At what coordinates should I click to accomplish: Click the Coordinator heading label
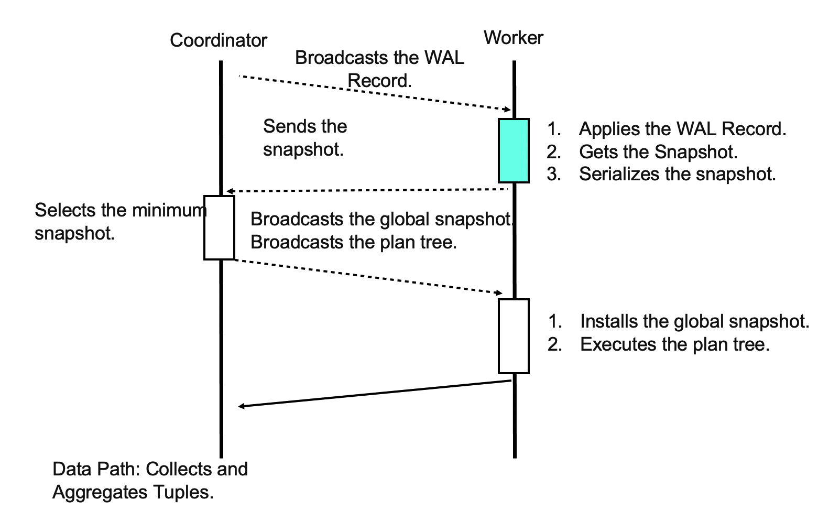point(219,40)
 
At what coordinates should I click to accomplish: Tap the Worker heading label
point(514,38)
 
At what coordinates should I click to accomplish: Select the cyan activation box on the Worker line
point(514,150)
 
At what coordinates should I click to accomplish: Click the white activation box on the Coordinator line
point(219,227)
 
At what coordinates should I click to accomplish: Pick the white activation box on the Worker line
point(514,336)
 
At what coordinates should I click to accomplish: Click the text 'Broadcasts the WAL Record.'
point(379,69)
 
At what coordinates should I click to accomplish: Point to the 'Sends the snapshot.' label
point(304,138)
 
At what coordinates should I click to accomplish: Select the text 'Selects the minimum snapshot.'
point(120,222)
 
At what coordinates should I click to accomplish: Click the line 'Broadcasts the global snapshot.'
point(381,219)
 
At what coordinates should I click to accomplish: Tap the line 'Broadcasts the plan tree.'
point(354,242)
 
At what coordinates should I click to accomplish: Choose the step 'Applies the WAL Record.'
point(682,129)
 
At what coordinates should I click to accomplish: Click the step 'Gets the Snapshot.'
point(658,152)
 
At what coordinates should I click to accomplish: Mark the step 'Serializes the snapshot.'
point(677,174)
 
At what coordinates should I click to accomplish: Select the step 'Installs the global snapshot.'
point(694,321)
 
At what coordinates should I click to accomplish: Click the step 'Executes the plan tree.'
point(675,344)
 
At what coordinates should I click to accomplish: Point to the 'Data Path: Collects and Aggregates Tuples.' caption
point(150,481)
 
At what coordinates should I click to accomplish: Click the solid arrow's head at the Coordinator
point(241,406)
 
